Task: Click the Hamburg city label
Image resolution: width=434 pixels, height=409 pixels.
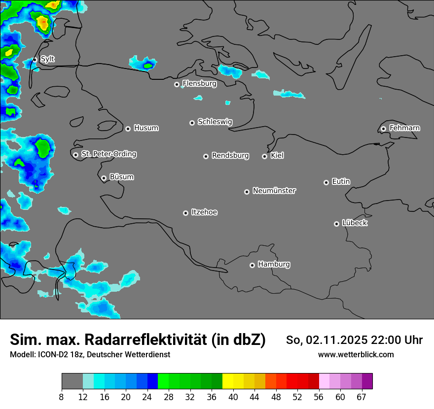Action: (x=274, y=264)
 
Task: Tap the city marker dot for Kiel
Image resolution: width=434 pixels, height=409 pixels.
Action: (x=264, y=156)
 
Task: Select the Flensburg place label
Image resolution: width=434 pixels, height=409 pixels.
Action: (x=199, y=84)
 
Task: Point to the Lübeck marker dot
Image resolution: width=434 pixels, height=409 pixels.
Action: (x=336, y=224)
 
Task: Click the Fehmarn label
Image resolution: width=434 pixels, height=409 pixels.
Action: (x=404, y=128)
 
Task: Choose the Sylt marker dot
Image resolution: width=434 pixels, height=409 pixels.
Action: (x=35, y=60)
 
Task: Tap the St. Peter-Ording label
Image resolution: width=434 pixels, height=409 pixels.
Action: (x=108, y=154)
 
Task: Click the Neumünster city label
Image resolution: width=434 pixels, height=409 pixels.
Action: (x=274, y=191)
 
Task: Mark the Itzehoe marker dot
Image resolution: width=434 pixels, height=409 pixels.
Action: (x=185, y=213)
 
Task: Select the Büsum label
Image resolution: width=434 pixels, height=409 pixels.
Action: (x=121, y=177)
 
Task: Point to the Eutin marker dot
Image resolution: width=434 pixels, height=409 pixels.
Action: (x=326, y=182)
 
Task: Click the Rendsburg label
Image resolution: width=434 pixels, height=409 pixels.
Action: (x=230, y=156)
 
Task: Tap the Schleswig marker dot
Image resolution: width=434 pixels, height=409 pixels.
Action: (x=192, y=123)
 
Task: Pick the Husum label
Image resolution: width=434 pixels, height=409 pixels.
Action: (x=146, y=128)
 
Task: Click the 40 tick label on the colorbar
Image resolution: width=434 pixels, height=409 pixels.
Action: (x=233, y=397)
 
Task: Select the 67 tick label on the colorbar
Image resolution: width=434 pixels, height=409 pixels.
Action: (x=362, y=397)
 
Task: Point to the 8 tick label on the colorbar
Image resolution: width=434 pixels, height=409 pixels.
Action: (x=62, y=397)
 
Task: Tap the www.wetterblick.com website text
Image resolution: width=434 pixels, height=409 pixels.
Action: (x=356, y=354)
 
